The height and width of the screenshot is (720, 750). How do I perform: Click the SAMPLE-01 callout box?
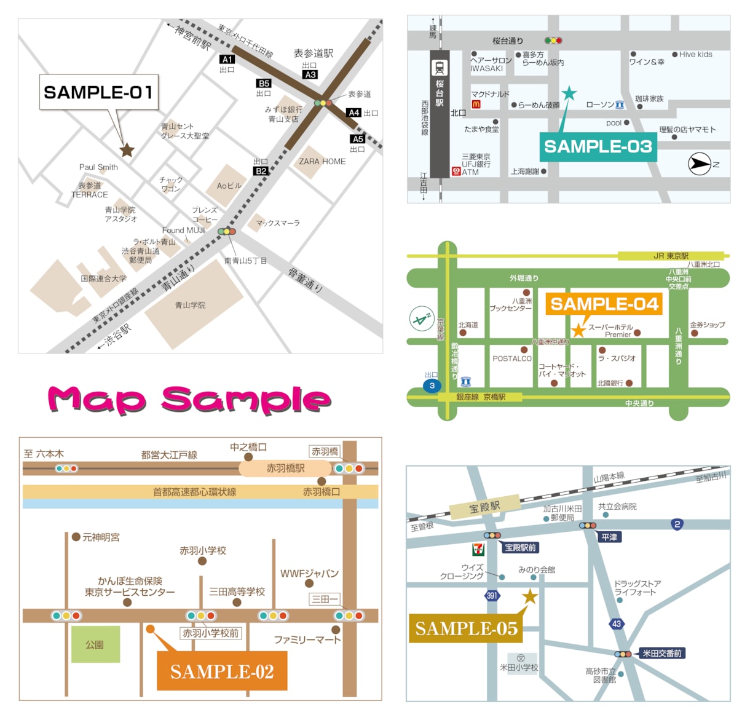pyautogui.click(x=99, y=92)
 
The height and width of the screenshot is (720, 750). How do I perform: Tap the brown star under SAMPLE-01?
pyautogui.click(x=127, y=149)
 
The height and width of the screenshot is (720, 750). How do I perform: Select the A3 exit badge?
pyautogui.click(x=310, y=74)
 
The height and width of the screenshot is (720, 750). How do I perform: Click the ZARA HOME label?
pyautogui.click(x=322, y=162)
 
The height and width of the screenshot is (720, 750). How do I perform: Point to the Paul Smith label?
pyautogui.click(x=98, y=167)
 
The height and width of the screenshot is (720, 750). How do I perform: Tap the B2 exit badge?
pyautogui.click(x=261, y=171)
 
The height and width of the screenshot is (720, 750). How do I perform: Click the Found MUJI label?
pyautogui.click(x=183, y=231)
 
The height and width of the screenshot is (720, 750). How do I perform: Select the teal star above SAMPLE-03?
pyautogui.click(x=569, y=93)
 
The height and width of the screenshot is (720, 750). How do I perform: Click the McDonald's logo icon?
pyautogui.click(x=476, y=105)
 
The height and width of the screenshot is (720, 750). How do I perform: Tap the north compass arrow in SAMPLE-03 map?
pyautogui.click(x=699, y=164)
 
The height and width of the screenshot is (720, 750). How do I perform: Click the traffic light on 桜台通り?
pyautogui.click(x=553, y=41)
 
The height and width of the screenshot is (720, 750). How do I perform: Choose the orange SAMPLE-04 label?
pyautogui.click(x=604, y=304)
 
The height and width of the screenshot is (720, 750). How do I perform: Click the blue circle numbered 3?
pyautogui.click(x=432, y=386)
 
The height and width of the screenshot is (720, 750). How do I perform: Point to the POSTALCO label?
pyautogui.click(x=511, y=358)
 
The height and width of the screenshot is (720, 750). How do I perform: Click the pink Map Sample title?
pyautogui.click(x=189, y=400)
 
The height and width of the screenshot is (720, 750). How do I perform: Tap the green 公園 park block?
pyautogui.click(x=95, y=644)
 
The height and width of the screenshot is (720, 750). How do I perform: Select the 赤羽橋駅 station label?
pyautogui.click(x=285, y=469)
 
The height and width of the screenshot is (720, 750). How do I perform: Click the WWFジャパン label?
pyautogui.click(x=309, y=574)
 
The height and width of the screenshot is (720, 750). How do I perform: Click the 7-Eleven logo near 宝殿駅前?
pyautogui.click(x=478, y=548)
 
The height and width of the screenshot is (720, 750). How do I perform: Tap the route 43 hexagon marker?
pyautogui.click(x=616, y=623)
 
